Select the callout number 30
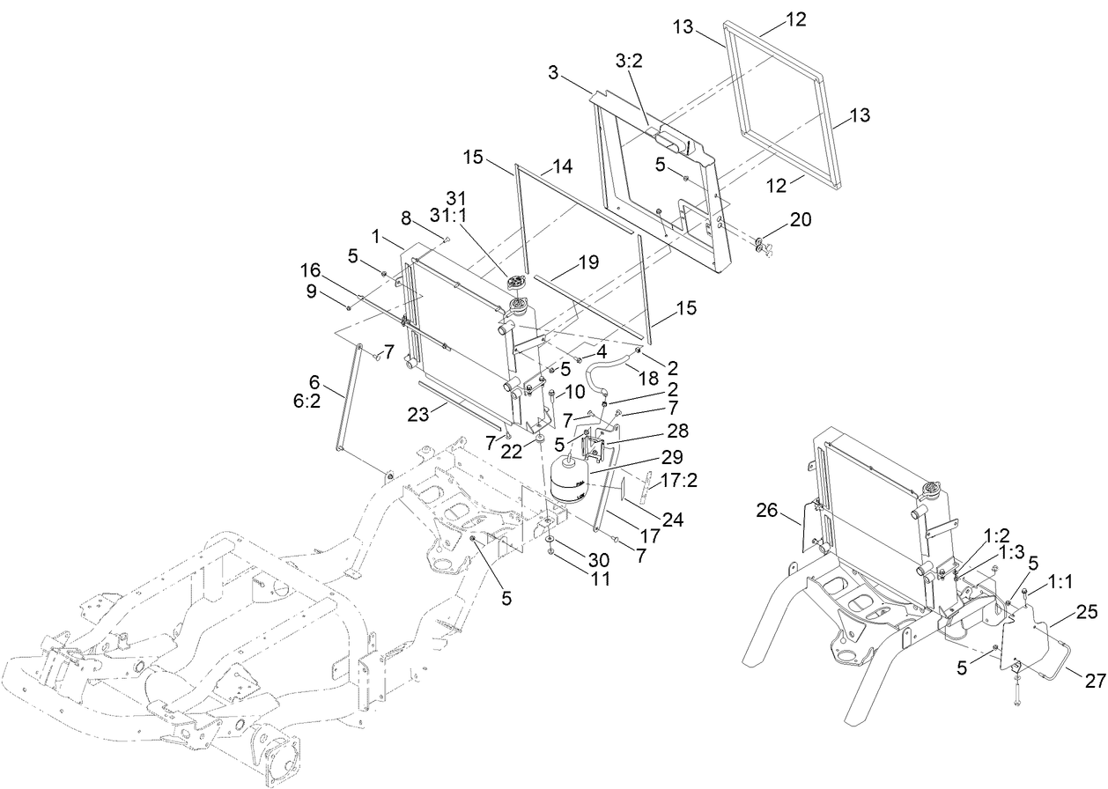[600, 559]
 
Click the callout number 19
[588, 262]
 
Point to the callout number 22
[511, 452]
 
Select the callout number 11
[600, 579]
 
